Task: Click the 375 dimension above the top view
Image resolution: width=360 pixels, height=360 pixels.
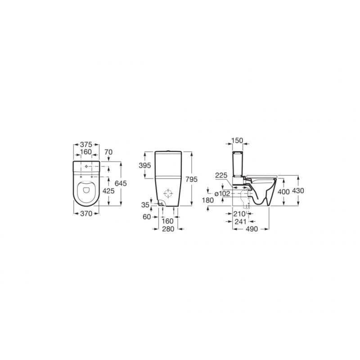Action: (86, 145)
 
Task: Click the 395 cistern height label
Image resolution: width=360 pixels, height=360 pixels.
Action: (145, 166)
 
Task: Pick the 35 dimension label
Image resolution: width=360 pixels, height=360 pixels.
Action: (145, 205)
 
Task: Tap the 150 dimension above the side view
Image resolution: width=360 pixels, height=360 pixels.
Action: (237, 141)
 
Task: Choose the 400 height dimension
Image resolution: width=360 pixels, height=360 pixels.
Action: (283, 191)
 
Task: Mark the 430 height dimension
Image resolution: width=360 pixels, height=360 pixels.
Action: (298, 191)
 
